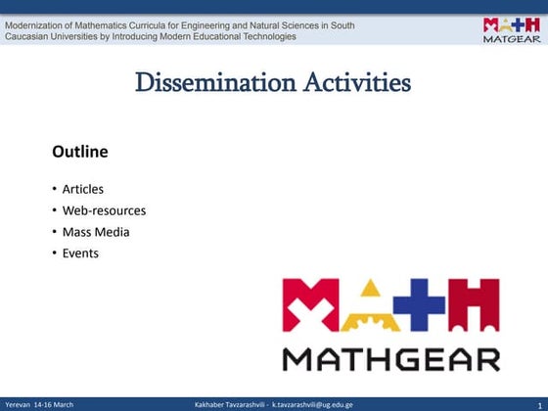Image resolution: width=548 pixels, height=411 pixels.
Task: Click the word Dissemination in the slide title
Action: pyautogui.click(x=205, y=83)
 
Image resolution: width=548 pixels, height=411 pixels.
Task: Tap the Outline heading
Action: pyautogui.click(x=79, y=153)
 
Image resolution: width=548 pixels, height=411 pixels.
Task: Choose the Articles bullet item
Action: pyautogui.click(x=82, y=189)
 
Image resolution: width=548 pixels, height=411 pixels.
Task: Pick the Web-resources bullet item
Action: pyautogui.click(x=104, y=210)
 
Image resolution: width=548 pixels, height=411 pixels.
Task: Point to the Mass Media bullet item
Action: pyautogui.click(x=96, y=232)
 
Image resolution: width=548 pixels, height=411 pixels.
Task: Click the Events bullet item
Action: pyautogui.click(x=80, y=253)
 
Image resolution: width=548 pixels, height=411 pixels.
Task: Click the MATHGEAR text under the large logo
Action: pyautogui.click(x=391, y=357)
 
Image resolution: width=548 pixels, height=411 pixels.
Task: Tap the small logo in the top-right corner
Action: pyautogui.click(x=509, y=29)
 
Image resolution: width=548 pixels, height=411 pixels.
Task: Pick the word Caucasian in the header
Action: pyautogui.click(x=31, y=36)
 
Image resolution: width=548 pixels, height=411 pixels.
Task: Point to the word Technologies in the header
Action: pyautogui.click(x=263, y=36)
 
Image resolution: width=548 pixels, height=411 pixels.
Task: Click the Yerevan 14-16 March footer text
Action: pyautogui.click(x=39, y=404)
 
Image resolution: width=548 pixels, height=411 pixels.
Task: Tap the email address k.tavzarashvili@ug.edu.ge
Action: pyautogui.click(x=312, y=404)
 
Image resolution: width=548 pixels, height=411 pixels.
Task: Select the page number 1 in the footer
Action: pyautogui.click(x=539, y=404)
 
